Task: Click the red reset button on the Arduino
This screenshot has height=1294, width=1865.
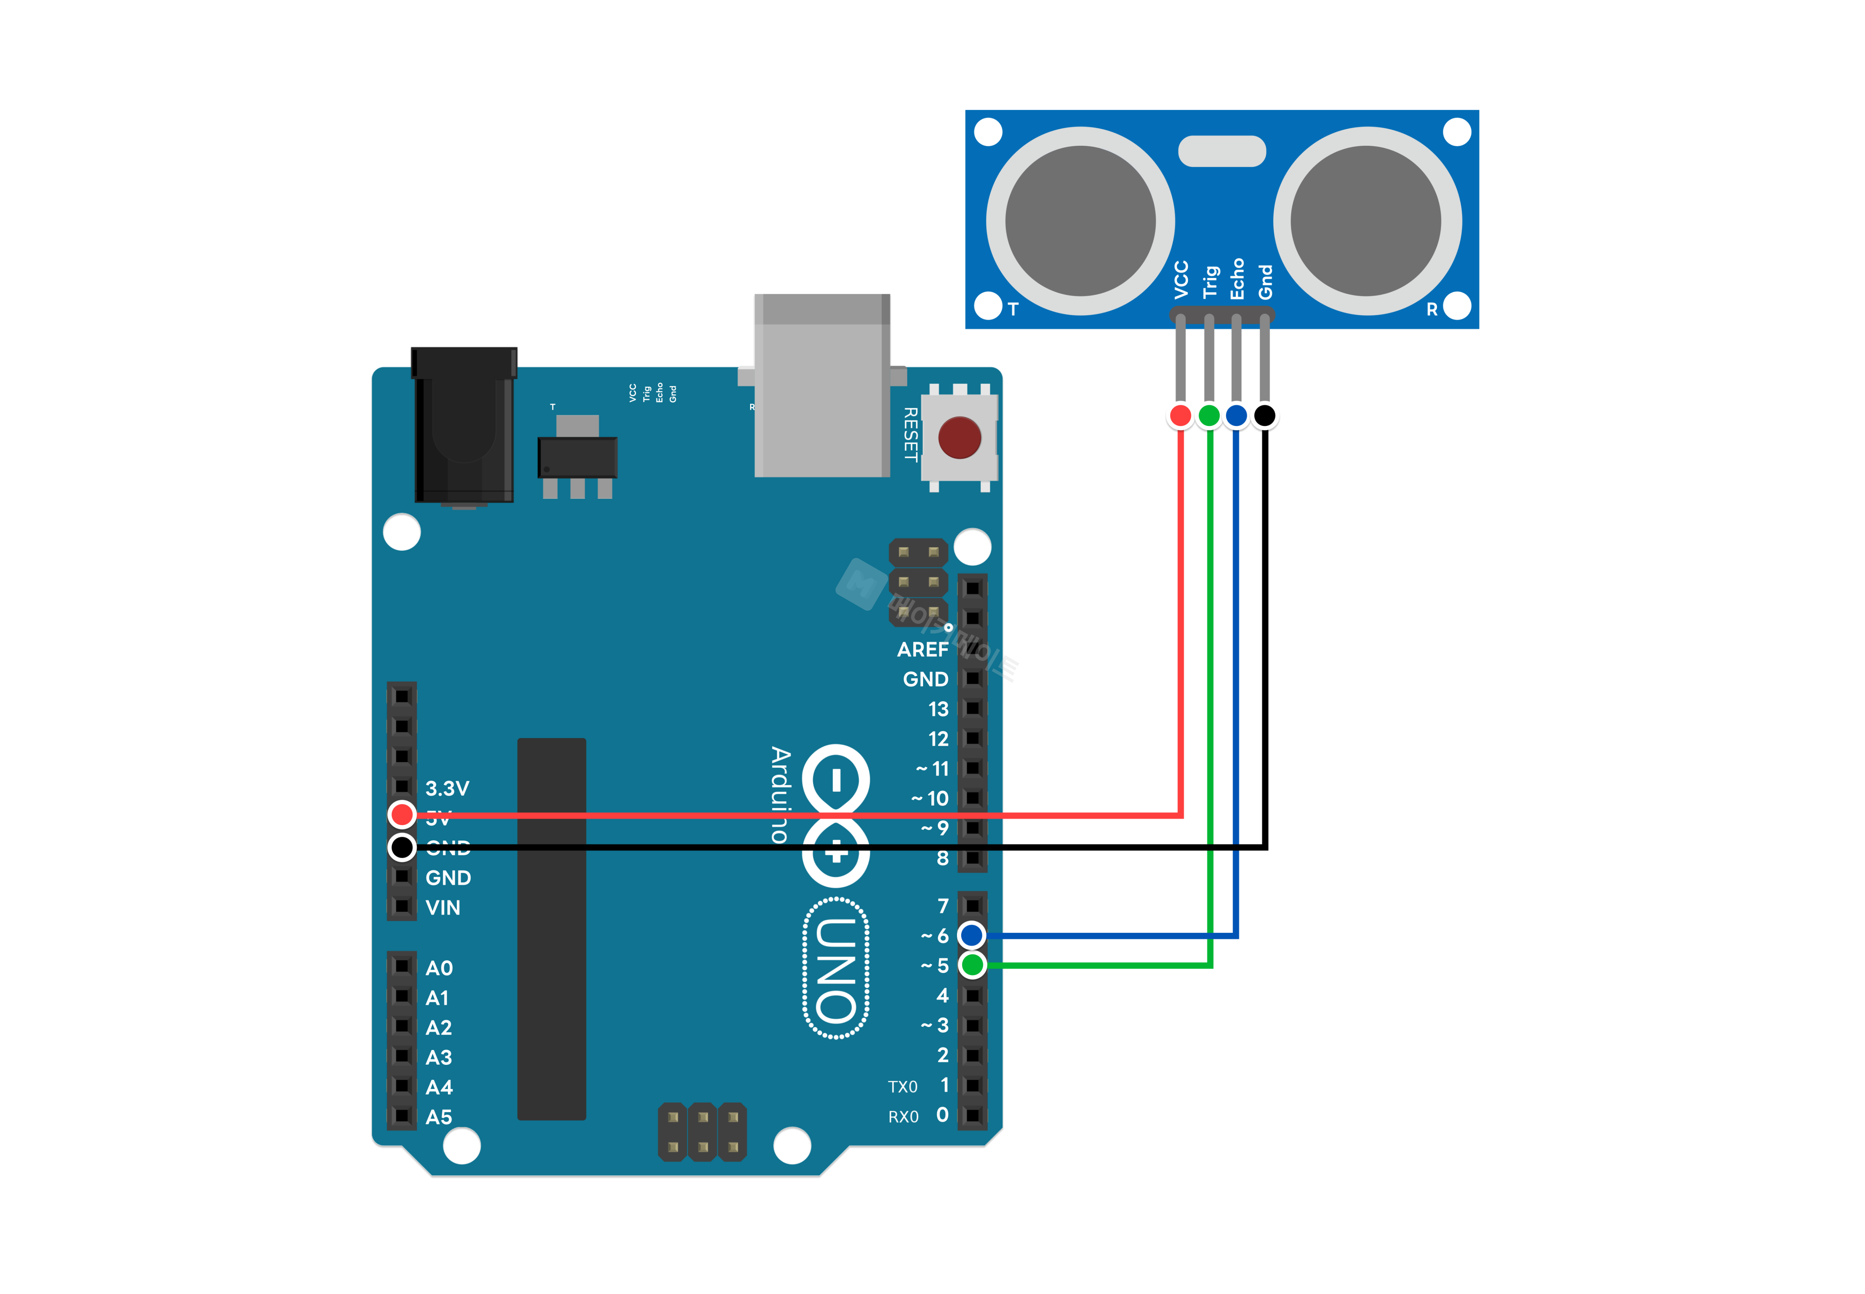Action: (x=959, y=438)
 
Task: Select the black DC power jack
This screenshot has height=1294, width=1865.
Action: (x=464, y=426)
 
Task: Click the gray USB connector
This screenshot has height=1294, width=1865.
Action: (x=822, y=386)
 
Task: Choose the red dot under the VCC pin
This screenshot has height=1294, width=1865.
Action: (x=1180, y=416)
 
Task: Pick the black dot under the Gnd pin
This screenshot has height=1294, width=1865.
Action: (x=1264, y=416)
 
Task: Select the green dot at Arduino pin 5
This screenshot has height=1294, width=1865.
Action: (x=972, y=965)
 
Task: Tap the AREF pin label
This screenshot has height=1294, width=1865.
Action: (x=922, y=649)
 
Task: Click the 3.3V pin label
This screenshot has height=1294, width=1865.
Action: (x=447, y=788)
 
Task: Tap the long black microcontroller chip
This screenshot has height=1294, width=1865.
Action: (x=551, y=928)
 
